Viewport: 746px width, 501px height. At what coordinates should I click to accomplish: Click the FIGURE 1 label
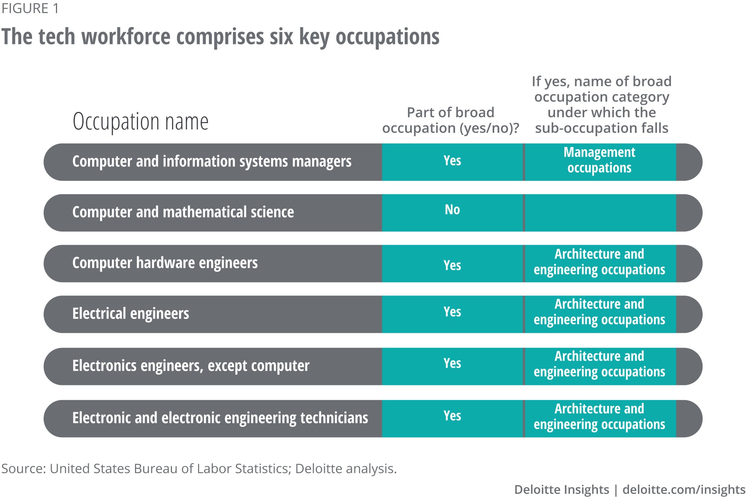pos(30,8)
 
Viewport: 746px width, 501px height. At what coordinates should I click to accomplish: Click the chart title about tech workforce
pos(220,37)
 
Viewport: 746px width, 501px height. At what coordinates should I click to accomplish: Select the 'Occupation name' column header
pos(140,122)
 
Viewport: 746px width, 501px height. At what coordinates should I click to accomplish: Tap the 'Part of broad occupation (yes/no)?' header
pos(451,120)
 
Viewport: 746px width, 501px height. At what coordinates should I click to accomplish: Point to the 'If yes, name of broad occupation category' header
pos(601,104)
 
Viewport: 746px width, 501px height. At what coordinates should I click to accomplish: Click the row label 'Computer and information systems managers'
pos(211,162)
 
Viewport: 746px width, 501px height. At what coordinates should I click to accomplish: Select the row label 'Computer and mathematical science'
pos(183,212)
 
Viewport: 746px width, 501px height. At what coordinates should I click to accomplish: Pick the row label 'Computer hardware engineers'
pos(165,263)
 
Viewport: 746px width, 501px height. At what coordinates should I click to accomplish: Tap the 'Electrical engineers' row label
pos(131,314)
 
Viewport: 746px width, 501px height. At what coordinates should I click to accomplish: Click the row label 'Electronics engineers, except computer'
pos(191,366)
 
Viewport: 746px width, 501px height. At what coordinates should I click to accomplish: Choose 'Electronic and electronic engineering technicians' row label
pos(220,418)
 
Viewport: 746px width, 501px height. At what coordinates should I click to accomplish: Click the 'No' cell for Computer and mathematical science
pos(452,210)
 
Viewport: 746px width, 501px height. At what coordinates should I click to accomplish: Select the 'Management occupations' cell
pos(599,160)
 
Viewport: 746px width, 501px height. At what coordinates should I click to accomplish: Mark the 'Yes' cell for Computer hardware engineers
pos(452,265)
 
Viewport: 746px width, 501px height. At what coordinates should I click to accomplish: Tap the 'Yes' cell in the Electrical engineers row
pos(452,311)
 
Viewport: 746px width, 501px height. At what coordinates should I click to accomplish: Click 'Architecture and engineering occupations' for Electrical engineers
pos(599,312)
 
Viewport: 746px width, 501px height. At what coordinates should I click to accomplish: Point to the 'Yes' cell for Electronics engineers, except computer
pos(452,363)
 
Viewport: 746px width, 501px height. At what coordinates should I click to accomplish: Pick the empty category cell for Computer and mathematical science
pos(600,213)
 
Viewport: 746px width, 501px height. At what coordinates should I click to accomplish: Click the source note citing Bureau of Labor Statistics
pos(199,469)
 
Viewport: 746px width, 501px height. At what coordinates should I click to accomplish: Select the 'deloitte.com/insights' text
pos(684,489)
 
